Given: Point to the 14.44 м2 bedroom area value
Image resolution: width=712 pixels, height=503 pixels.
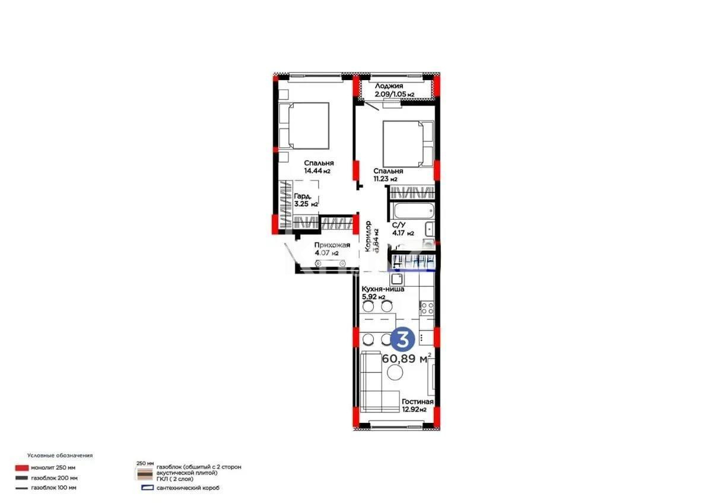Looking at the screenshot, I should [317, 171].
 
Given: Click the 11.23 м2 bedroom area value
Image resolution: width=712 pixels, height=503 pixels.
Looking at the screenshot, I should [385, 179].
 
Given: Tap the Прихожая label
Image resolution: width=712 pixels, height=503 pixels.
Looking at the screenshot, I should [332, 245].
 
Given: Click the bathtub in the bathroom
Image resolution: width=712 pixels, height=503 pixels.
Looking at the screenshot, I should [411, 211].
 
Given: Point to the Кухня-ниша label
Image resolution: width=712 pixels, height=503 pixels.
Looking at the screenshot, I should [383, 289].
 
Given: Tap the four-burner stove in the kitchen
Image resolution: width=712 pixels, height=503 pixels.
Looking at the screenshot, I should [427, 307].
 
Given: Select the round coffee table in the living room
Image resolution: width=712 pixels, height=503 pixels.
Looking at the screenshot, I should [395, 372].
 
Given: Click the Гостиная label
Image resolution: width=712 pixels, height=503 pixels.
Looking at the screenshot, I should [417, 402].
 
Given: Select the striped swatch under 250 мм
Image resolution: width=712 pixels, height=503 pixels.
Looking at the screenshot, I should [145, 474].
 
